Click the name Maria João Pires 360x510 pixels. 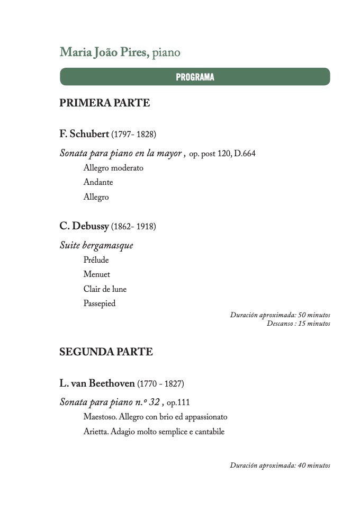[104, 52]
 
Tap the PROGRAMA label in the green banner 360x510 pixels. [195, 77]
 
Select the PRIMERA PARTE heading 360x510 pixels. [104, 103]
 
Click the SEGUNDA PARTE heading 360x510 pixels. [106, 352]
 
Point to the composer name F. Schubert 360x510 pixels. [84, 134]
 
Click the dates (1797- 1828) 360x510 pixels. [133, 135]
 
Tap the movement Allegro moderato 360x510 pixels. [113, 168]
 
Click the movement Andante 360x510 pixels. [98, 182]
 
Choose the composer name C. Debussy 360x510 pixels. [84, 226]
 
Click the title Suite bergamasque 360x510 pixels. [96, 246]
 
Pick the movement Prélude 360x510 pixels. [96, 260]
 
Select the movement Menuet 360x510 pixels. [96, 274]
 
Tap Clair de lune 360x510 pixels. [105, 289]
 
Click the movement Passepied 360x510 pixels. [99, 303]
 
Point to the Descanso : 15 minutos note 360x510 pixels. [298, 323]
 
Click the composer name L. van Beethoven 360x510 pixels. [97, 383]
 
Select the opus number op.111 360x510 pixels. [178, 402]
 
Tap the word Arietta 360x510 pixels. [95, 432]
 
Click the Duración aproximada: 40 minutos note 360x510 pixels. [280, 466]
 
